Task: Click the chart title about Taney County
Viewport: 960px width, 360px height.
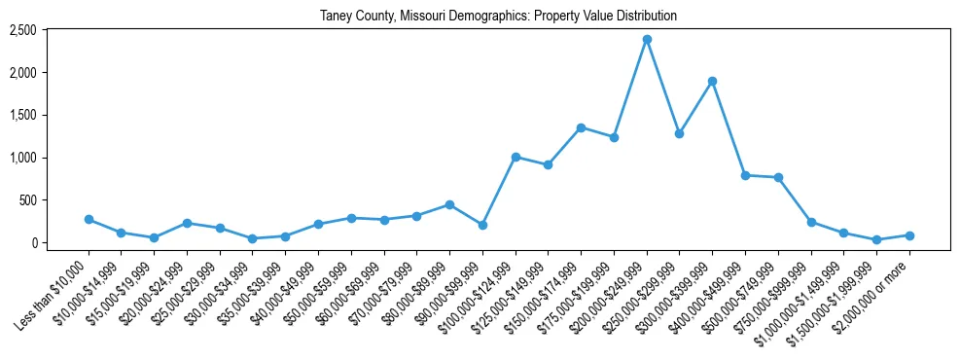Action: pyautogui.click(x=498, y=16)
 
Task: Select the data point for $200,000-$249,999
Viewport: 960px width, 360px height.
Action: pyautogui.click(x=647, y=39)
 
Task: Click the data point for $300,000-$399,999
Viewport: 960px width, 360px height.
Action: pyautogui.click(x=712, y=81)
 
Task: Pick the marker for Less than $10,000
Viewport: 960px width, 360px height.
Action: pyautogui.click(x=89, y=219)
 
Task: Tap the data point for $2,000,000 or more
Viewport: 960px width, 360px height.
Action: pyautogui.click(x=909, y=235)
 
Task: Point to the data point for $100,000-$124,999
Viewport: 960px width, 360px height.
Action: pyautogui.click(x=516, y=157)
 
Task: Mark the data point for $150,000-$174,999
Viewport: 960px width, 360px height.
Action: pyautogui.click(x=581, y=127)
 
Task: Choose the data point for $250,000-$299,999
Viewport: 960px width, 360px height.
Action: pyautogui.click(x=680, y=133)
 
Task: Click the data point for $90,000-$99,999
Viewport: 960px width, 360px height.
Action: pyautogui.click(x=482, y=225)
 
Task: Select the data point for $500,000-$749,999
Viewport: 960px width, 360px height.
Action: pyautogui.click(x=778, y=177)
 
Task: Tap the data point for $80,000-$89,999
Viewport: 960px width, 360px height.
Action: pyautogui.click(x=449, y=204)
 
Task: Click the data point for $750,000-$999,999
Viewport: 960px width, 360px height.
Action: pyautogui.click(x=811, y=222)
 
